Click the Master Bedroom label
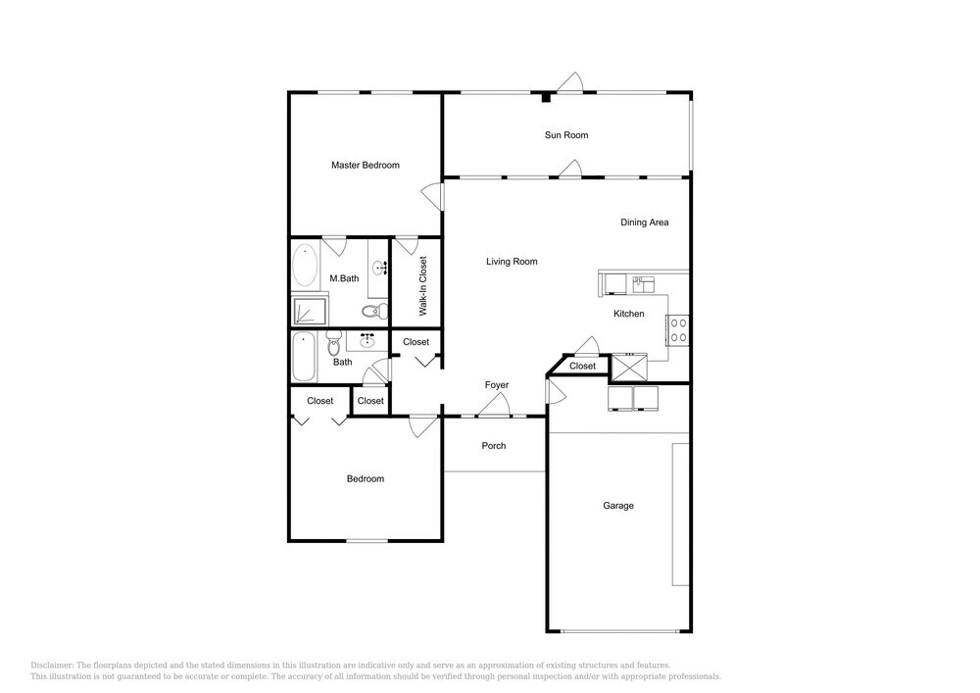tap(365, 165)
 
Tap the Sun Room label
tap(566, 135)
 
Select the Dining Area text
tap(645, 222)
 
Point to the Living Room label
tap(512, 261)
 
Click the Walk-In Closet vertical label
tap(423, 285)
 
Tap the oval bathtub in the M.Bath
tap(305, 265)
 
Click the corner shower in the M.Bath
tap(310, 311)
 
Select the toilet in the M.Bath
tap(373, 310)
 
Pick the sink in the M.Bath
tap(380, 268)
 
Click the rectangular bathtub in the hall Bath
tap(304, 356)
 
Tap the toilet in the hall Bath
tap(332, 342)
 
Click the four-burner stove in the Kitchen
tap(679, 330)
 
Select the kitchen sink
tap(643, 284)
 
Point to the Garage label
tap(618, 506)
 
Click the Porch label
tap(494, 446)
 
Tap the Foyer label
tap(497, 385)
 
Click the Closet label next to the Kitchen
tap(582, 367)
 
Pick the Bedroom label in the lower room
tap(365, 478)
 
